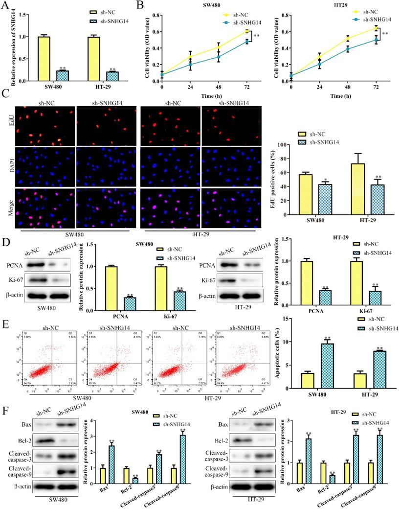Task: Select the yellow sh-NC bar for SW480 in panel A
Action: [x=43, y=54]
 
